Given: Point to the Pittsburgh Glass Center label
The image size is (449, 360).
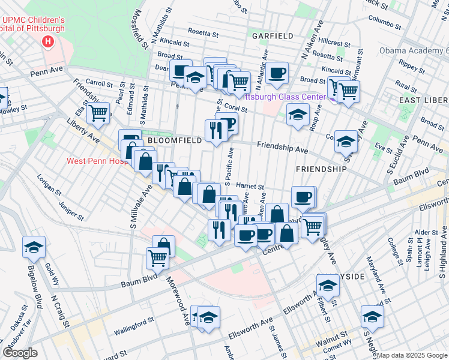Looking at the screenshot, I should [x=287, y=95].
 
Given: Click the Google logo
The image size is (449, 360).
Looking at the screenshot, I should [x=20, y=353].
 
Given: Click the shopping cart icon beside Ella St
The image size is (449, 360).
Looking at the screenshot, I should [x=98, y=113].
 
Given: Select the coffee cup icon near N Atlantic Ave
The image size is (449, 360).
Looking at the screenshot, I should [x=277, y=73].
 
